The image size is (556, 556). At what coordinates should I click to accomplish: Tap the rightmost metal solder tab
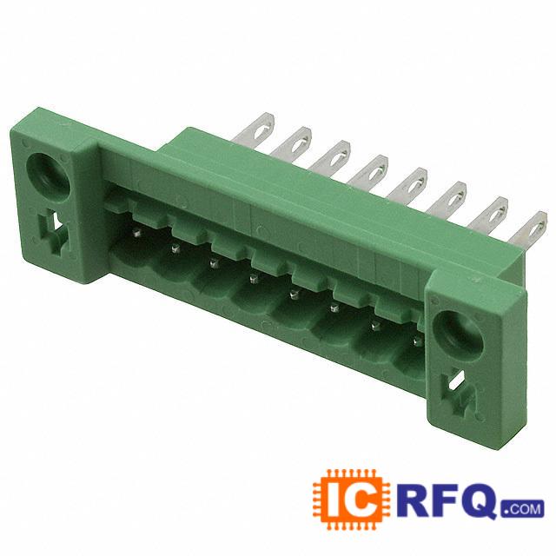[528, 228]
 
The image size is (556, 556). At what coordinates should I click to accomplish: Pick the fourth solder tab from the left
[369, 170]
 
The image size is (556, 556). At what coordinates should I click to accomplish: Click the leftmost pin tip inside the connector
[137, 233]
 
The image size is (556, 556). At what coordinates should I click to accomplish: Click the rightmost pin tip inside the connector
[417, 341]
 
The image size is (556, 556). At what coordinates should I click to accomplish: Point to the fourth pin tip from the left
[253, 279]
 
